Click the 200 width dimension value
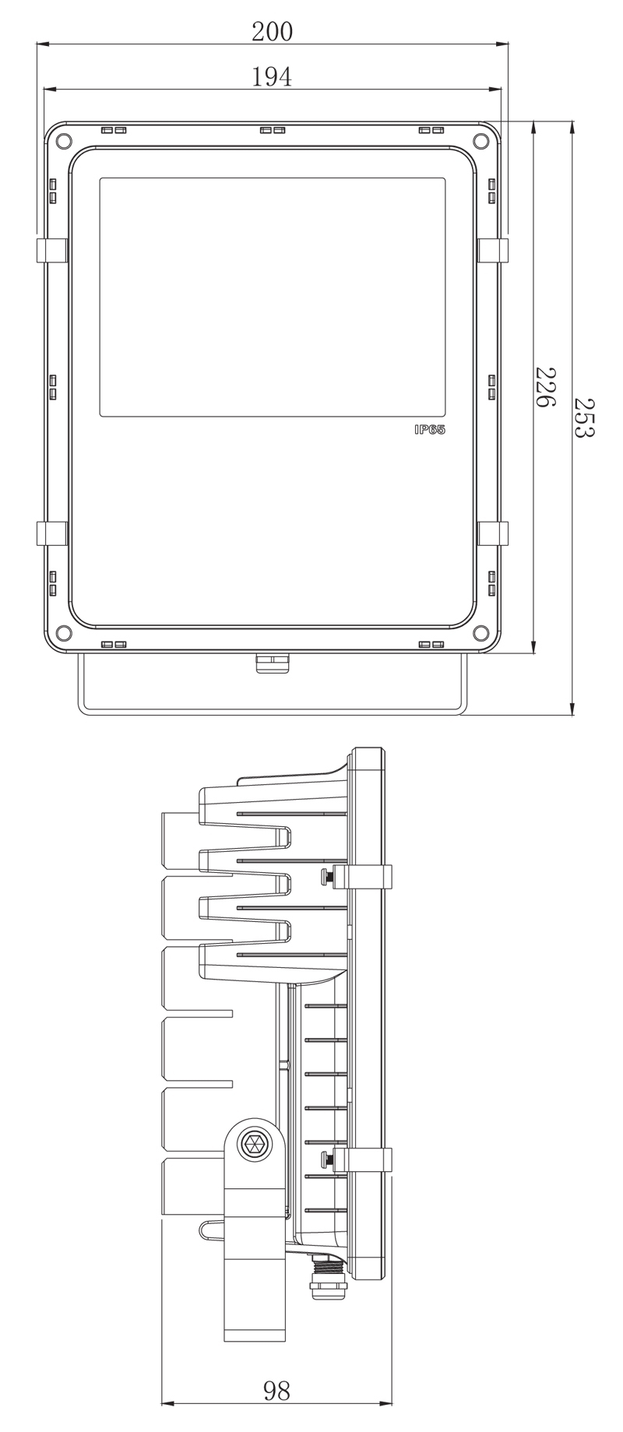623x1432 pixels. (272, 31)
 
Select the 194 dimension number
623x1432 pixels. (272, 76)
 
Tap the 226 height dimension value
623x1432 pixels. (544, 387)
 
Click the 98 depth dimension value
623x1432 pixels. (276, 1391)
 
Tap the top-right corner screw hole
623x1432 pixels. (480, 140)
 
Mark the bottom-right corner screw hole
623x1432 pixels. (480, 631)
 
